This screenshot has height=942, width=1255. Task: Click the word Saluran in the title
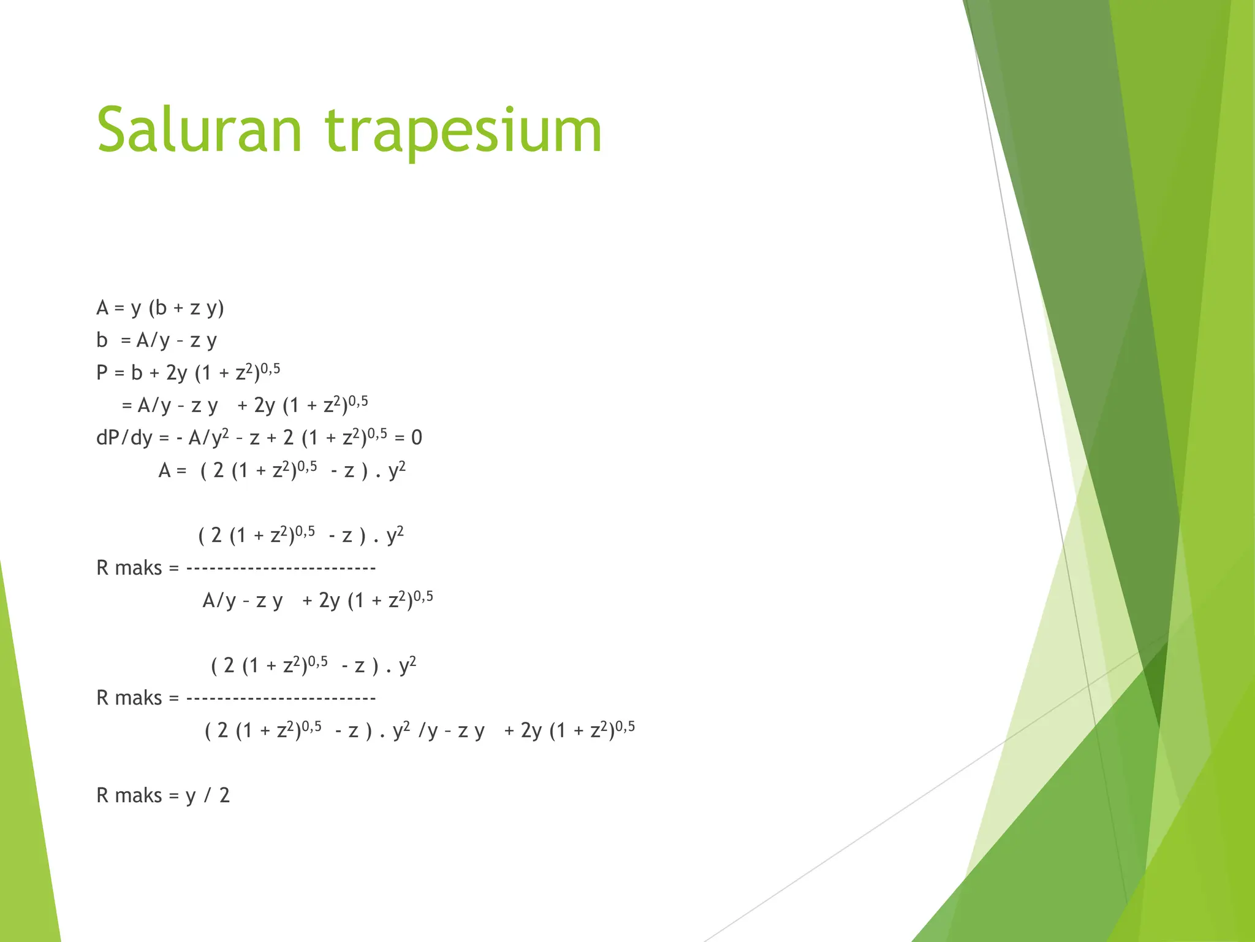pos(199,130)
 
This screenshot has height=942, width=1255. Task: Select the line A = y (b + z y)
pos(160,308)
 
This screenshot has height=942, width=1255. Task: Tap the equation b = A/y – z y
pos(156,340)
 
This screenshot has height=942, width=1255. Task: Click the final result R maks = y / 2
pos(163,795)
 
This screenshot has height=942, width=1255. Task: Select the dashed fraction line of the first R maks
pos(281,569)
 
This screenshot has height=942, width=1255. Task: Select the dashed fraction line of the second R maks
pos(281,699)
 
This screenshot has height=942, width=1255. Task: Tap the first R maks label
pos(129,569)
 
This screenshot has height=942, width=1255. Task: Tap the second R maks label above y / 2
pos(129,699)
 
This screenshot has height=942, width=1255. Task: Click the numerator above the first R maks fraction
pos(301,535)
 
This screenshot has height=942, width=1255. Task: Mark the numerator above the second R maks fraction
pos(313,665)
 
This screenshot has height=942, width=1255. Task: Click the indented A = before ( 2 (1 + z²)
pos(172,471)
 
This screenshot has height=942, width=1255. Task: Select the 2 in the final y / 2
pos(224,795)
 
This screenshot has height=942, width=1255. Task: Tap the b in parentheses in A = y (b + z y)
pos(161,308)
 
